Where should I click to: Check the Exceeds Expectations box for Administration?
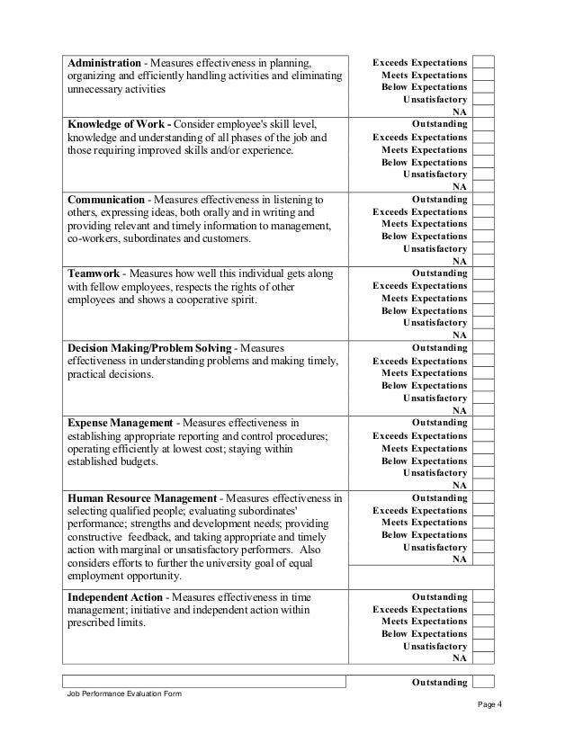tap(484, 62)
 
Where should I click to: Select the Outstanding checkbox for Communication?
tap(484, 198)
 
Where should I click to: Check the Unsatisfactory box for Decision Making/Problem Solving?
tap(484, 398)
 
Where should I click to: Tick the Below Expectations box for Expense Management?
tap(484, 460)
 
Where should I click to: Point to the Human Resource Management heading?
tap(142, 497)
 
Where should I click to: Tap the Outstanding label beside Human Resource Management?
tap(439, 497)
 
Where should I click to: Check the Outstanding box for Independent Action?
tap(484, 596)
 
